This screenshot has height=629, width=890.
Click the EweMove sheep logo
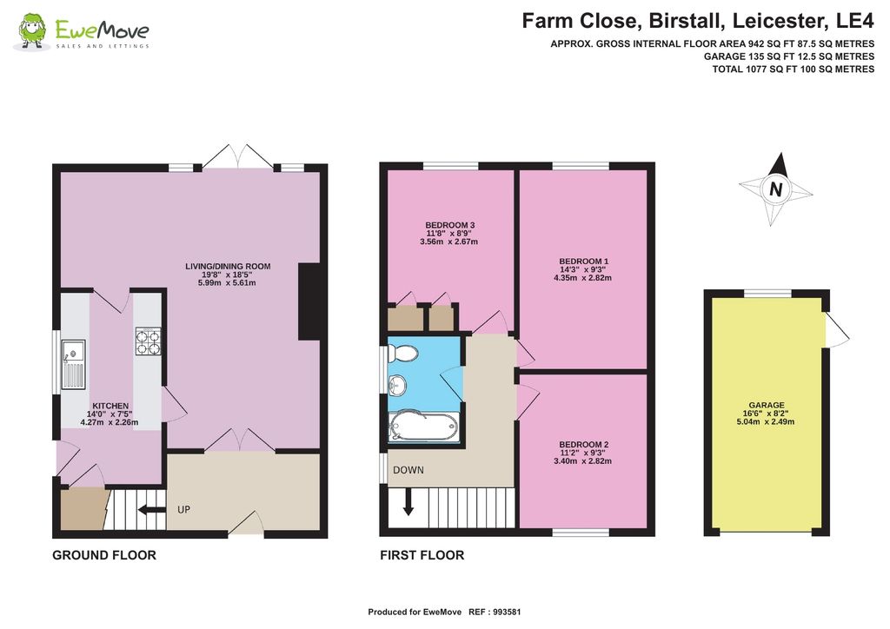click(33, 31)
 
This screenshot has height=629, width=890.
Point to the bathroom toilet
click(402, 353)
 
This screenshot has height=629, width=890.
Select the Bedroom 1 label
click(582, 269)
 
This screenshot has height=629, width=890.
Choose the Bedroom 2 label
click(583, 453)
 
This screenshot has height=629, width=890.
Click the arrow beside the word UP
click(152, 510)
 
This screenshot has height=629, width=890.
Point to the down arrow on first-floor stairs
click(408, 504)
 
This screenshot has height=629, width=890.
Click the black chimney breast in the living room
click(309, 301)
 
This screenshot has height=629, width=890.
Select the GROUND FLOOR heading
click(104, 555)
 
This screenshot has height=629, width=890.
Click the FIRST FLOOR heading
click(422, 555)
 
